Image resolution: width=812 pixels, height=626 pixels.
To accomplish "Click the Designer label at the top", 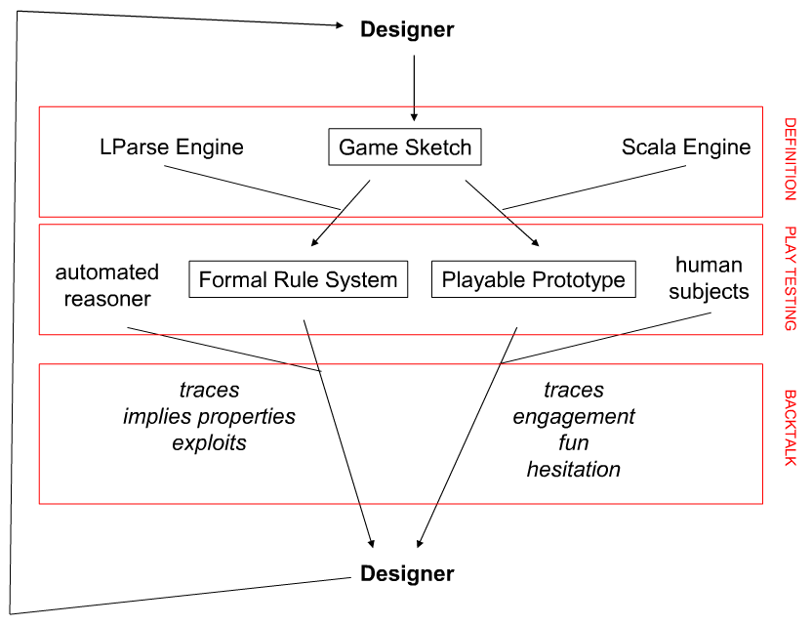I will pos(407,30).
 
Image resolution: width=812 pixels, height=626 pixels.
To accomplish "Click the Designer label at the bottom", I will pos(407,574).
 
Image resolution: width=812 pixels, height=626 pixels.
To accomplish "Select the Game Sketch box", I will pos(405,148).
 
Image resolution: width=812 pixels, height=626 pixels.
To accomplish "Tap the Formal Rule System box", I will pos(298,280).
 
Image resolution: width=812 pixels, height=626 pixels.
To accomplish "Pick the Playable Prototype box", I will pos(533,280).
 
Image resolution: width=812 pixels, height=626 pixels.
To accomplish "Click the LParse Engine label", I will pos(172,147).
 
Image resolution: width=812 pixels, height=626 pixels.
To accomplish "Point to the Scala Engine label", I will pos(686,147).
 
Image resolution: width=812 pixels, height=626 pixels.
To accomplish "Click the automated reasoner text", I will pos(107,285).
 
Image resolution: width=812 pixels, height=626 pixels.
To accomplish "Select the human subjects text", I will pos(710,278).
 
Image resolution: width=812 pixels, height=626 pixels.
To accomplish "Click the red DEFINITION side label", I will pos(790,159).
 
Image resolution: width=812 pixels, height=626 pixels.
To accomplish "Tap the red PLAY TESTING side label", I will pos(790,279).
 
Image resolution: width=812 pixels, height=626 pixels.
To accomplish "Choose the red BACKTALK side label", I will pos(790,428).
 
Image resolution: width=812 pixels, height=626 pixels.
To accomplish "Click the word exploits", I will pos(209,443).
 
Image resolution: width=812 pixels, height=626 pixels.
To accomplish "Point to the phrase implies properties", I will pos(209,417).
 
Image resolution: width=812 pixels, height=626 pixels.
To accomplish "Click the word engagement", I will pos(574,417).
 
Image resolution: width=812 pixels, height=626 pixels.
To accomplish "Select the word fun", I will pos(574,443).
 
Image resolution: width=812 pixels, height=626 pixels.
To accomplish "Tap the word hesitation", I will pos(574,470).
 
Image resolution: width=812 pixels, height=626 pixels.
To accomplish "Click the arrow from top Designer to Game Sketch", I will pos(415,88).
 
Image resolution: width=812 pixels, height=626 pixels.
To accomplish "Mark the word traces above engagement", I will pos(574,391).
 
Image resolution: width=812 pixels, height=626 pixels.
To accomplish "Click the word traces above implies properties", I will pos(209,391).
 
